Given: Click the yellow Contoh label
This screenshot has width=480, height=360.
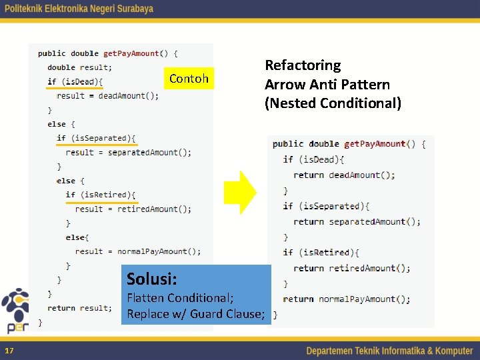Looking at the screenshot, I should click(x=189, y=79).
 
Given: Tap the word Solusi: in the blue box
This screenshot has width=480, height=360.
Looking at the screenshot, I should click(x=152, y=279).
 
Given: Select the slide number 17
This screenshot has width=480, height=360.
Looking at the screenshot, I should click(x=9, y=351).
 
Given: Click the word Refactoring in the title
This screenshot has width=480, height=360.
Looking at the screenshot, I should click(x=303, y=65).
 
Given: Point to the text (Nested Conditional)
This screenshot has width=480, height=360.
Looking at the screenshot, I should click(x=333, y=103).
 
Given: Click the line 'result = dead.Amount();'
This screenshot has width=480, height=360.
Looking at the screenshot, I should click(x=107, y=95).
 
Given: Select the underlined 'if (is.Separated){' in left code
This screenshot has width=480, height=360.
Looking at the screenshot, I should click(x=96, y=138).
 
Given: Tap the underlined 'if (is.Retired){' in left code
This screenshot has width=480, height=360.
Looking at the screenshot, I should click(x=101, y=195).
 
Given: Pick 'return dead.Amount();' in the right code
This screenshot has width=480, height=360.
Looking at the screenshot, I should click(x=344, y=175).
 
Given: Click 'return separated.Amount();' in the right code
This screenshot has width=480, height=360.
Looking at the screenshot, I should click(x=357, y=221).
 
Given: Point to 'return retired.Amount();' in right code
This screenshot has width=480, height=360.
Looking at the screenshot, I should click(x=351, y=268).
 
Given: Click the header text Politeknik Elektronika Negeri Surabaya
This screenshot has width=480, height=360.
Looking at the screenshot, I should click(x=79, y=9).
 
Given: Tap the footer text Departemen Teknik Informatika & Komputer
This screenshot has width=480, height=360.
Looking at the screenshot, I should click(x=389, y=351).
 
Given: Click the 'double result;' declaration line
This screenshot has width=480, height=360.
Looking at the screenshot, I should click(x=79, y=67).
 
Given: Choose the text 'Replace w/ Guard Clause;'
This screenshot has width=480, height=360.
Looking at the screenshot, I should click(x=195, y=313).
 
